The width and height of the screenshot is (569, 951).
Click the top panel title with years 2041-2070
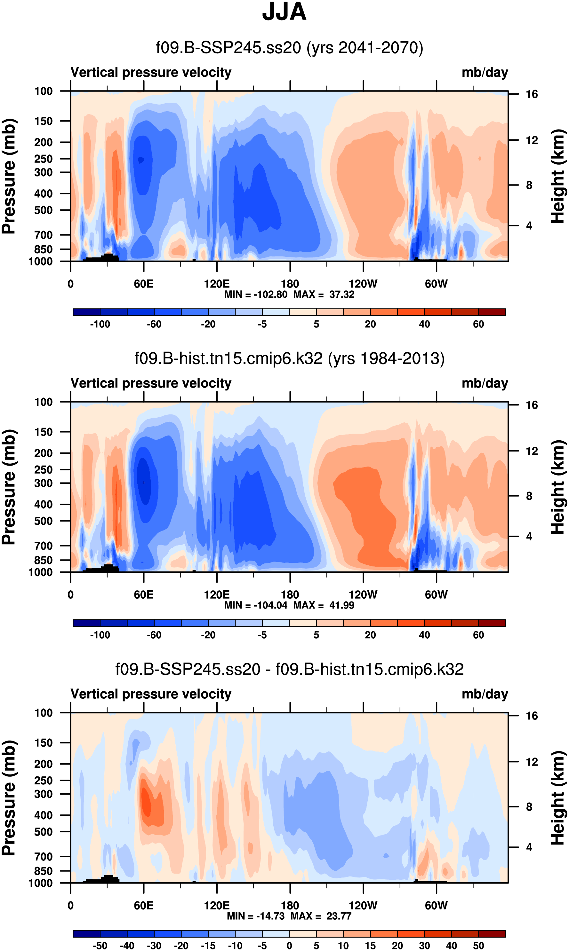pyautogui.click(x=290, y=48)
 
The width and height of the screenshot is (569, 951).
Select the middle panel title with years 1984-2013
pyautogui.click(x=290, y=358)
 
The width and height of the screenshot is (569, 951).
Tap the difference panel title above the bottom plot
pyautogui.click(x=290, y=669)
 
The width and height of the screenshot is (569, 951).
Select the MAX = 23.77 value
pyautogui.click(x=321, y=916)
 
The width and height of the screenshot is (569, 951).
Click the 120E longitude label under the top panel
pyautogui.click(x=217, y=284)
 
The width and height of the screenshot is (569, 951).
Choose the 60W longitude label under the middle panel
pyautogui.click(x=436, y=595)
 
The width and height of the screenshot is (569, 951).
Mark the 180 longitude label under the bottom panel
pyautogui.click(x=290, y=905)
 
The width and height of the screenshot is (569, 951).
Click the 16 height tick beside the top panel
pyautogui.click(x=532, y=94)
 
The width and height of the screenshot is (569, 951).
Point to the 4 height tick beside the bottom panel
pyautogui.click(x=529, y=847)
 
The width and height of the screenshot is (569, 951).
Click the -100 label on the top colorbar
pyautogui.click(x=100, y=324)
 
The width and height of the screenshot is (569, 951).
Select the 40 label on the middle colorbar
pyautogui.click(x=424, y=635)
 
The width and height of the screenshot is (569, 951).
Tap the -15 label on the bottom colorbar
pyautogui.click(x=208, y=946)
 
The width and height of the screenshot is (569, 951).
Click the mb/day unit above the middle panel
pyautogui.click(x=485, y=383)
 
